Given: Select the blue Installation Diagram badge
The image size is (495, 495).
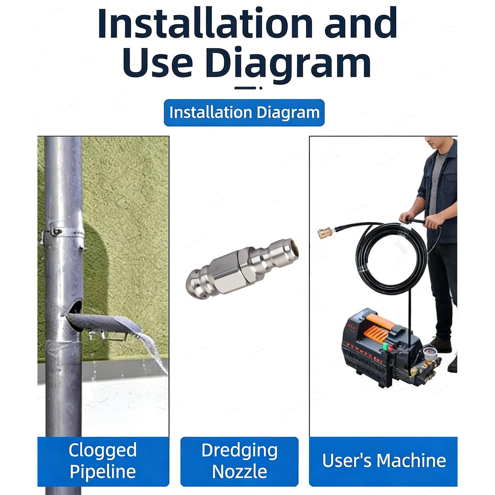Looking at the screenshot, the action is [x=244, y=113].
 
